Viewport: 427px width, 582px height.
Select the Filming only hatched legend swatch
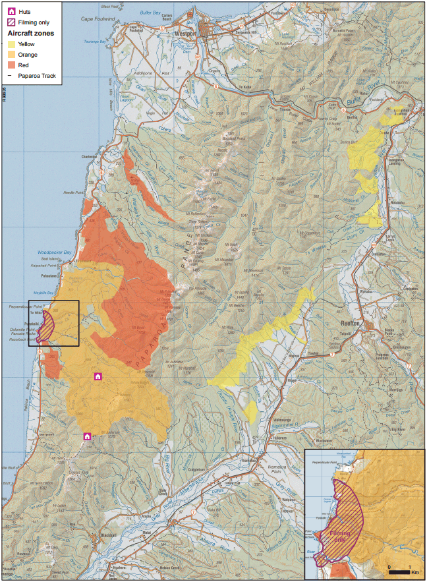click(12, 22)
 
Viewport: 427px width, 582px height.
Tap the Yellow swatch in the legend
click(12, 44)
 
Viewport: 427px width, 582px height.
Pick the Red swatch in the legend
click(12, 65)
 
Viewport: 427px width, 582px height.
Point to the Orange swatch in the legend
click(12, 54)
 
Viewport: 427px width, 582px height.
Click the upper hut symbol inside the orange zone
click(98, 376)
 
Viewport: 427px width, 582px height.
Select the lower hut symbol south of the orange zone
click(86, 436)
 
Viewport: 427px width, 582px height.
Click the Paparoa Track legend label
click(40, 76)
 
